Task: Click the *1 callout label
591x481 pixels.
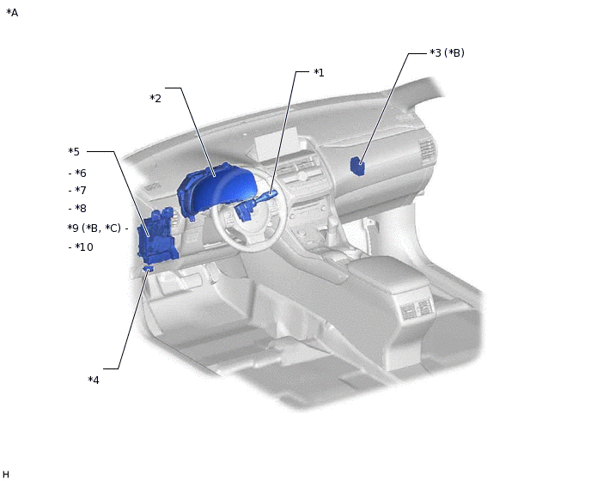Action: (319, 72)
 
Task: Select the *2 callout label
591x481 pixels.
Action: (155, 99)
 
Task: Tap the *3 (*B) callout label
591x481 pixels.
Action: (447, 53)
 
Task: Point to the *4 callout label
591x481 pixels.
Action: (94, 380)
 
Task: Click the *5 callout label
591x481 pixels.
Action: (74, 152)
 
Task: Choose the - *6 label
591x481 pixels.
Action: (77, 173)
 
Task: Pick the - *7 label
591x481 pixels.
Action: (77, 191)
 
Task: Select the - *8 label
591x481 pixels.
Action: (77, 209)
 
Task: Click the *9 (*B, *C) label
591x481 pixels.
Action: (94, 228)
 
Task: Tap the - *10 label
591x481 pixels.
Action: (81, 247)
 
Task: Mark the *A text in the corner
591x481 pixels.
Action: (12, 13)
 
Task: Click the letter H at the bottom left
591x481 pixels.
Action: (6, 474)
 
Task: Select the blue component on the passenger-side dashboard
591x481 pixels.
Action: (356, 166)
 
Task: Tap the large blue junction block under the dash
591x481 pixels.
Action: (157, 237)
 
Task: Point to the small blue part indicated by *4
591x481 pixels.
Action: (149, 269)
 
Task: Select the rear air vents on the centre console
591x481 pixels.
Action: (414, 311)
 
